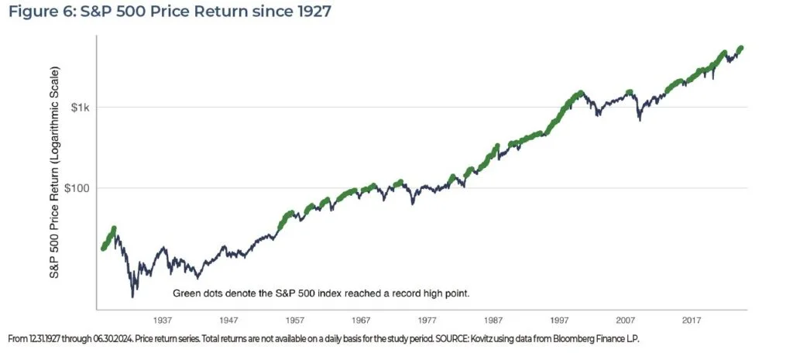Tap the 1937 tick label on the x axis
pyautogui.click(x=162, y=319)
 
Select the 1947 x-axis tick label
pyautogui.click(x=228, y=319)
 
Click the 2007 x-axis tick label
pyautogui.click(x=626, y=319)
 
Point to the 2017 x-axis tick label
pyautogui.click(x=692, y=319)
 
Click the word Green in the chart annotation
pyautogui.click(x=187, y=294)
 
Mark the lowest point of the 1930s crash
pyautogui.click(x=133, y=296)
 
